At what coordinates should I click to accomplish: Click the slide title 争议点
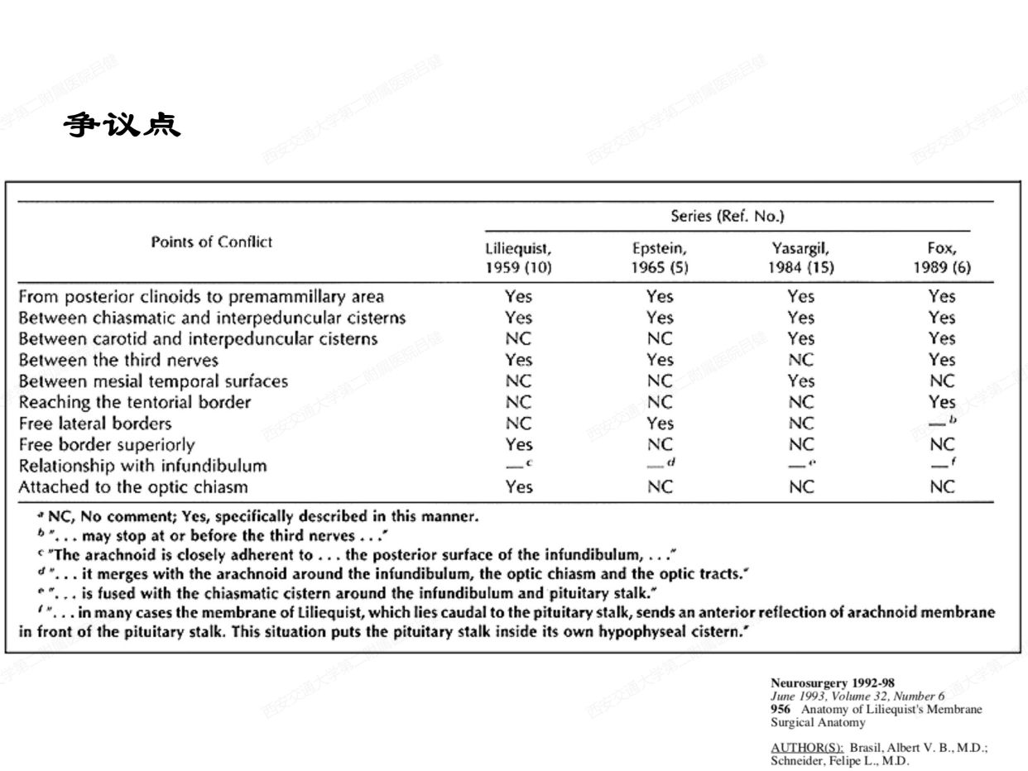[122, 126]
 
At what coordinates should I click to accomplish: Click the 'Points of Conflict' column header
[212, 242]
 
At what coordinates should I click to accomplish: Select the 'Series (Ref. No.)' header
[728, 216]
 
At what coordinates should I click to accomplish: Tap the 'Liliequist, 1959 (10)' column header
[518, 257]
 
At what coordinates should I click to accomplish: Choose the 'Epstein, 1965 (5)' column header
[660, 257]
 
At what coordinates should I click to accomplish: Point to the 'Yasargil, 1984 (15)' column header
[800, 257]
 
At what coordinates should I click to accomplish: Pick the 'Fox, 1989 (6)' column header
[942, 257]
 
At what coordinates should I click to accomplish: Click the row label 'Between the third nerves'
[118, 360]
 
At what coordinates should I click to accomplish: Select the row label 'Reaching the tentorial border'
[135, 402]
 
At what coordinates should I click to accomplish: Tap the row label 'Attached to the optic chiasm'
[133, 486]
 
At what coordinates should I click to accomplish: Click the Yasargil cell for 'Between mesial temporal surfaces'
[800, 381]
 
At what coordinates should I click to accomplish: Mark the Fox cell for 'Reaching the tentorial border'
[942, 402]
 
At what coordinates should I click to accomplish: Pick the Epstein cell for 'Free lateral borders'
[660, 424]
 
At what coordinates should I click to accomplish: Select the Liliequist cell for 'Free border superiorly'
[518, 444]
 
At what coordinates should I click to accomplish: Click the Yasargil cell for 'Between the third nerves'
[800, 360]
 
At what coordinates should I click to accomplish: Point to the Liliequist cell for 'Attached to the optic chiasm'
[518, 486]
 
